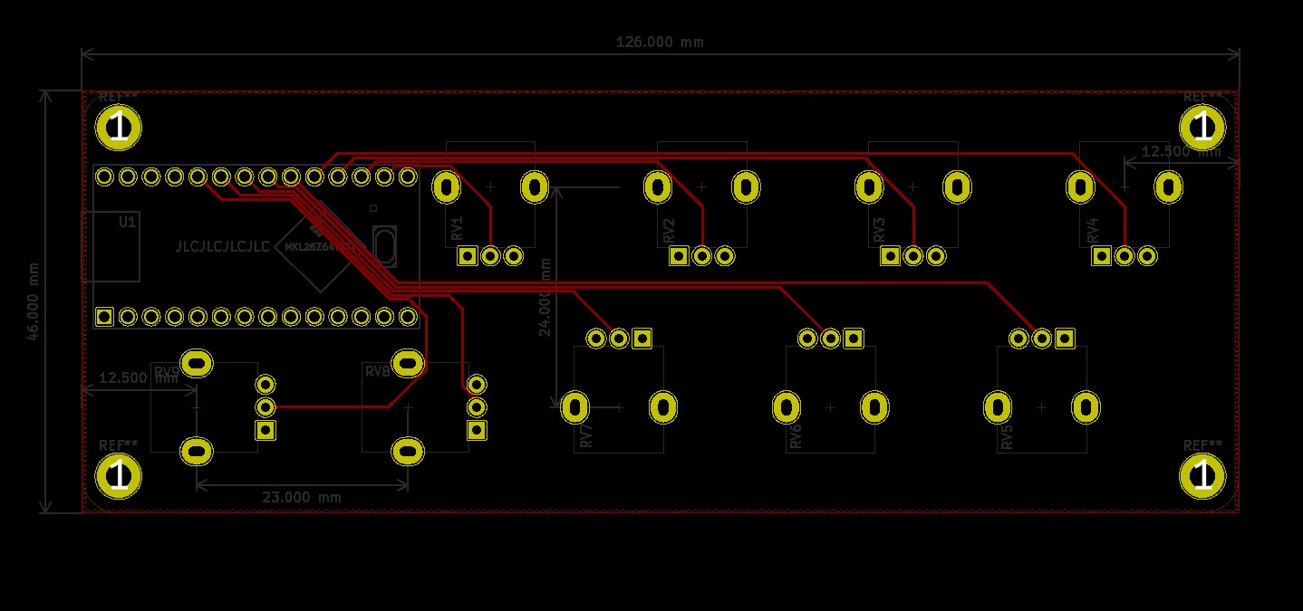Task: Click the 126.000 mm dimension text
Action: click(x=660, y=42)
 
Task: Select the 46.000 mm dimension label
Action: click(x=33, y=301)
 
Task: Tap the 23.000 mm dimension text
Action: click(x=302, y=497)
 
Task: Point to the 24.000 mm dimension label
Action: click(x=545, y=297)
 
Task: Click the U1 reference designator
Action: click(x=128, y=221)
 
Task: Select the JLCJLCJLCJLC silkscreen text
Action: click(x=222, y=246)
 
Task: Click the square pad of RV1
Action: click(x=468, y=256)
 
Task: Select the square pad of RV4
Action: click(x=1101, y=256)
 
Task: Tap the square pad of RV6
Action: click(x=854, y=339)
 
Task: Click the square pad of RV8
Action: click(x=477, y=430)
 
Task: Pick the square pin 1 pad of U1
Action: click(x=105, y=317)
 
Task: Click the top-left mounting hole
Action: click(x=119, y=128)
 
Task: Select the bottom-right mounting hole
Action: click(x=1202, y=476)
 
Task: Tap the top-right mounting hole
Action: click(x=1202, y=128)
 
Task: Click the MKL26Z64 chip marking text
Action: click(x=322, y=244)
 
